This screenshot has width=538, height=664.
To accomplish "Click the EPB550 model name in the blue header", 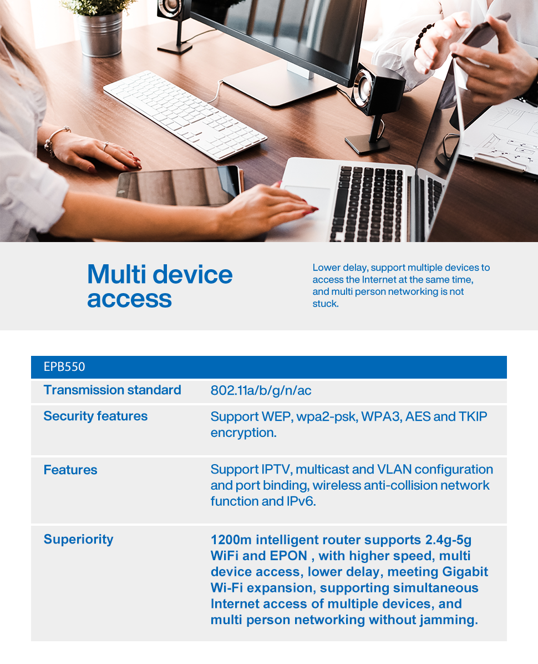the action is [64, 367].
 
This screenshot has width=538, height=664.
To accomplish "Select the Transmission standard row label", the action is [113, 390].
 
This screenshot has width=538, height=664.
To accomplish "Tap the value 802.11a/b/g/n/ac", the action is [261, 390].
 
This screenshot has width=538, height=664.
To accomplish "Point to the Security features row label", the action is [95, 416].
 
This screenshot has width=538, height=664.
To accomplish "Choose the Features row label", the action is [70, 470].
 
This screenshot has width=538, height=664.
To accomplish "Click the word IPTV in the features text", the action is [277, 470].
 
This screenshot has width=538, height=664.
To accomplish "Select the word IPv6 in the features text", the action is [301, 501].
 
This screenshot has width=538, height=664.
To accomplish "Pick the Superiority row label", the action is [79, 540].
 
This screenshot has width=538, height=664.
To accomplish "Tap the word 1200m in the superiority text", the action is [231, 540].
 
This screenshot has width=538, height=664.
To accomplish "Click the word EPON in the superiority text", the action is [288, 556].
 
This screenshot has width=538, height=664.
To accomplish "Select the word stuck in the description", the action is [325, 304].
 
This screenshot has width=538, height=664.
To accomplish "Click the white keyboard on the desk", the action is [185, 115].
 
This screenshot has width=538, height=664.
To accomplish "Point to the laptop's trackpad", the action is [306, 197].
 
